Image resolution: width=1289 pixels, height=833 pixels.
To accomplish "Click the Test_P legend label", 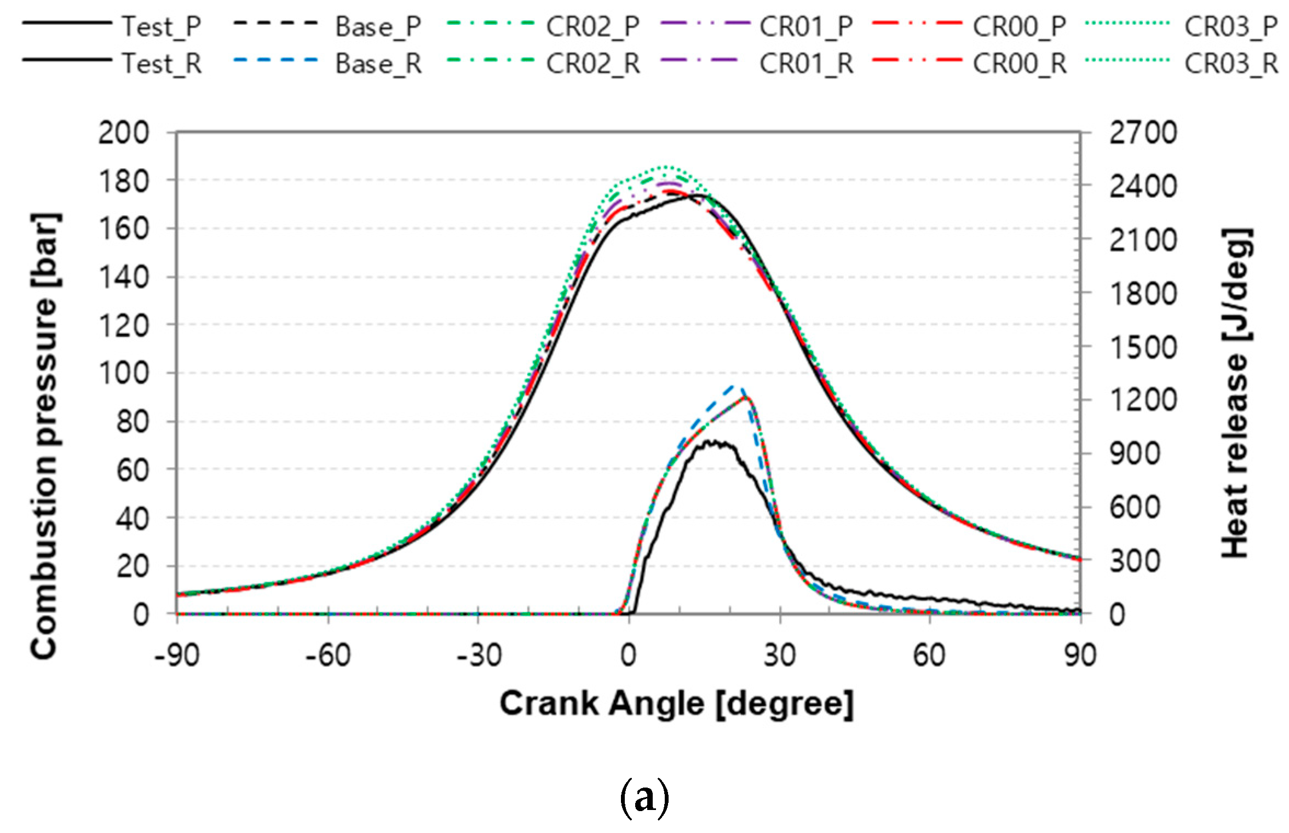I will click(161, 26).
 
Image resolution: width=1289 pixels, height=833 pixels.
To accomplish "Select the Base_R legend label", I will click(378, 64).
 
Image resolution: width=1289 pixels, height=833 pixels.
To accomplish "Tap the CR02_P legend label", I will click(592, 26).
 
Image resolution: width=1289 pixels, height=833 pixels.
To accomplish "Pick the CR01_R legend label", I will click(806, 64).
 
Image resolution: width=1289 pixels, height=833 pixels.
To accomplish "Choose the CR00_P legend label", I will click(1019, 26).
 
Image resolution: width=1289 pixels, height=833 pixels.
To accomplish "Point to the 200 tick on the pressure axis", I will click(124, 133).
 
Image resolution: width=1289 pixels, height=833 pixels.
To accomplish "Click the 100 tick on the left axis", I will click(124, 374).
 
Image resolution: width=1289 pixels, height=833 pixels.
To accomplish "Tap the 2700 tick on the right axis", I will click(1143, 133).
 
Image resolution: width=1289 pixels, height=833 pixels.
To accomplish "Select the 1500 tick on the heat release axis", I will click(1143, 347).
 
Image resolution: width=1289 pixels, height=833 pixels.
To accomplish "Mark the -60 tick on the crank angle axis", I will click(327, 656).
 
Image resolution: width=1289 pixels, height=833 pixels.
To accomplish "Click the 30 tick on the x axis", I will click(780, 656).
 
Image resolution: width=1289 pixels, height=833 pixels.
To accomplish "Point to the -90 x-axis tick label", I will click(177, 656).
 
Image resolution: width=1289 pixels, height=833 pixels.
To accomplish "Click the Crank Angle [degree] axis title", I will click(676, 704).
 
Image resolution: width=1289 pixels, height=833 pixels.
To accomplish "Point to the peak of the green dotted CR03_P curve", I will click(665, 166).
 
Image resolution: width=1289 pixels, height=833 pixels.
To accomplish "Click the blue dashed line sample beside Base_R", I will click(275, 60).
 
